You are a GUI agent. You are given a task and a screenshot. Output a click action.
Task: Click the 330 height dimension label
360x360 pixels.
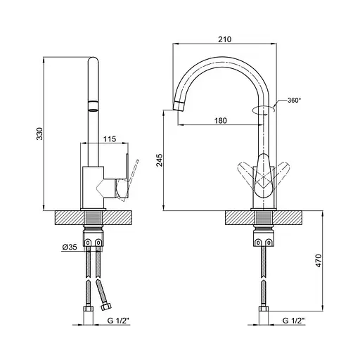click(40, 134)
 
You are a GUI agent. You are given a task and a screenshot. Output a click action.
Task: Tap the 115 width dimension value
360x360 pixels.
click(110, 139)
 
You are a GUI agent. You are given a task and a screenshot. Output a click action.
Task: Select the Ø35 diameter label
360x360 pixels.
click(70, 247)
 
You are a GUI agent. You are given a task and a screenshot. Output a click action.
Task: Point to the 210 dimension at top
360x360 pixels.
click(224, 39)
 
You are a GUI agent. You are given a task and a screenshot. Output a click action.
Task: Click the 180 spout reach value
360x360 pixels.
click(221, 121)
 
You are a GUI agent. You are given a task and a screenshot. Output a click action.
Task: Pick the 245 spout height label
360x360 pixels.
click(160, 160)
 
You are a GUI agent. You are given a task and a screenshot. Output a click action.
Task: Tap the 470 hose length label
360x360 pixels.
click(319, 260)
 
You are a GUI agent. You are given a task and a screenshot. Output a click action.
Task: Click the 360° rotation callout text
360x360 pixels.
click(294, 101)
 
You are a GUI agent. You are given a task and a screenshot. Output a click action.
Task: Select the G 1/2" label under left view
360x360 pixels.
click(119, 321)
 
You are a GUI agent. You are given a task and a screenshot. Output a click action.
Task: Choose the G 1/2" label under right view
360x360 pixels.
click(293, 321)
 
